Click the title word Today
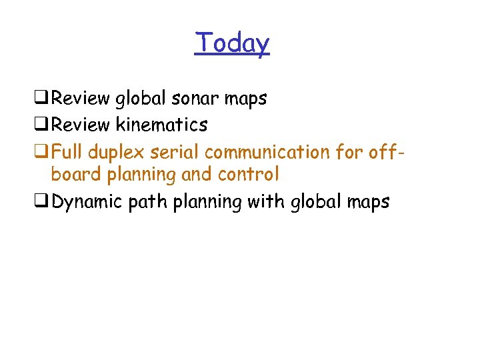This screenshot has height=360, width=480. pos(232,43)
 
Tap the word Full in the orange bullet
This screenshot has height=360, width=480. pos(67,151)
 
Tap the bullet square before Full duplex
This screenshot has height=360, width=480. pos(45,152)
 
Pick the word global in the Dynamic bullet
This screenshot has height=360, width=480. pos(313,201)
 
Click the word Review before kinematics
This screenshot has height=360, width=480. pos(81,125)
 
